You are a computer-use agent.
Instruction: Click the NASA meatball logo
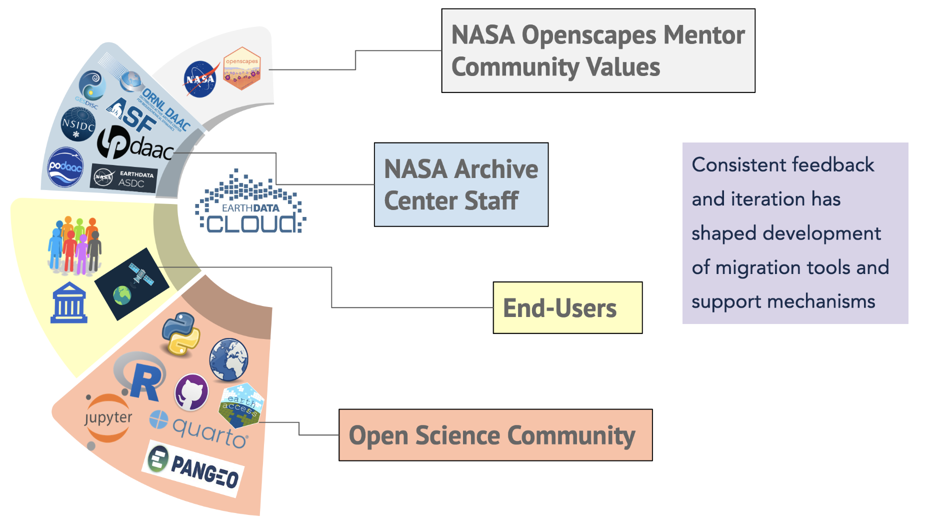pos(200,79)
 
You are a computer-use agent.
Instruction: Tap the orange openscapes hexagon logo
pos(242,69)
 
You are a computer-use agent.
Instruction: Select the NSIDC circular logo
pos(78,124)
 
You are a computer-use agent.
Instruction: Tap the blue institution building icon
pos(69,303)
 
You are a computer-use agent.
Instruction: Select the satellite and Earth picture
pos(132,283)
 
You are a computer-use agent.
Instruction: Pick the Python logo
pos(181,334)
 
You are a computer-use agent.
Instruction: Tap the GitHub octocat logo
pos(191,392)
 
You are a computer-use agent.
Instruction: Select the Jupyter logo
pos(107,418)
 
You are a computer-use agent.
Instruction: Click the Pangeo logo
pos(194,468)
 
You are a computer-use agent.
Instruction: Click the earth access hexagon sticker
pos(241,405)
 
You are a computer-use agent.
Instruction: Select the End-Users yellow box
pos(567,307)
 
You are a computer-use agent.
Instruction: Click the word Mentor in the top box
pos(703,35)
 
